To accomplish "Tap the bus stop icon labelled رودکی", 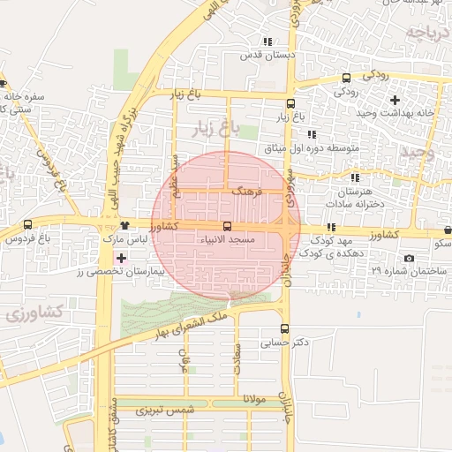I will click(x=346, y=77).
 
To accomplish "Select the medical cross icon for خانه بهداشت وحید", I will click(x=395, y=99).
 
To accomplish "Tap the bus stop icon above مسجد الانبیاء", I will click(x=227, y=226).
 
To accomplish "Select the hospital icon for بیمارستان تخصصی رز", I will click(x=121, y=259).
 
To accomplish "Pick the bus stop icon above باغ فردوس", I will click(x=28, y=224).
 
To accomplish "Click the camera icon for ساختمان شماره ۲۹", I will click(x=408, y=258).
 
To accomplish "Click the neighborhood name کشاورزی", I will click(x=33, y=312).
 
